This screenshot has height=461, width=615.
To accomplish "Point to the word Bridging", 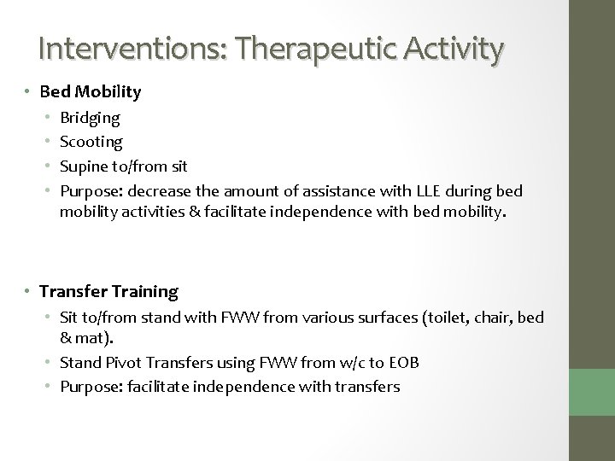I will click(x=91, y=117).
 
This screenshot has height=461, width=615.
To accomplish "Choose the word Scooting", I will click(x=91, y=141).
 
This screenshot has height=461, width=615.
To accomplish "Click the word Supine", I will click(x=85, y=165).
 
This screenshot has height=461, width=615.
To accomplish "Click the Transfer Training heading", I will click(x=108, y=291).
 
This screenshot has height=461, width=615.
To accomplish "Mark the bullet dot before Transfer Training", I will click(x=28, y=291).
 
